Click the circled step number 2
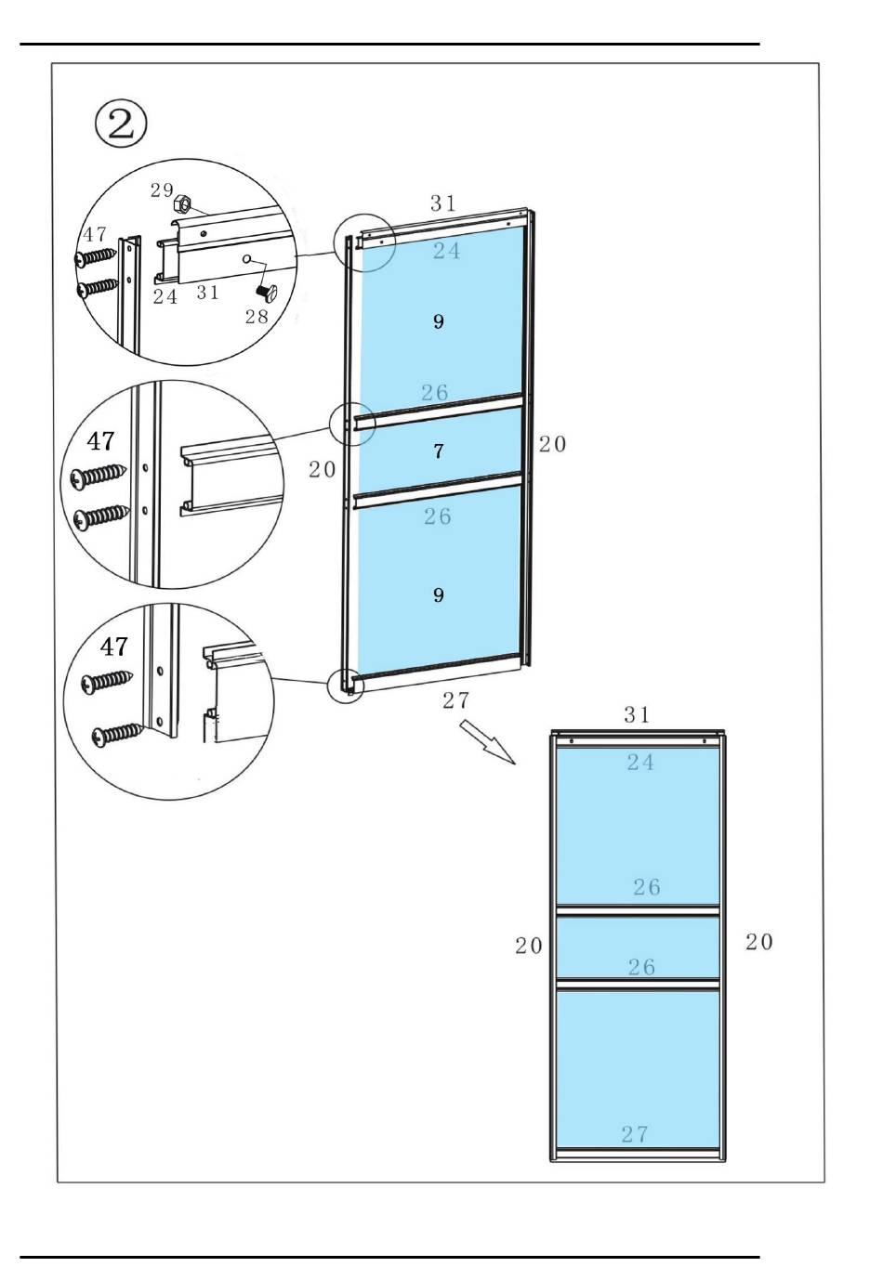[x=122, y=124]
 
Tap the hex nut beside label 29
[x=183, y=202]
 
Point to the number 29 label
[x=162, y=189]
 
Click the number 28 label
[x=257, y=316]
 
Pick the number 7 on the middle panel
[x=439, y=451]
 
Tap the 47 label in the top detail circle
[x=95, y=235]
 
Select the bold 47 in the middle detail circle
[x=100, y=441]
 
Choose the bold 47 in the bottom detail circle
[x=113, y=647]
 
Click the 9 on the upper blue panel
[x=439, y=321]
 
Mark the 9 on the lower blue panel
[x=439, y=594]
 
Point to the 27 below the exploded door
[x=455, y=700]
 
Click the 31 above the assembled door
[x=637, y=714]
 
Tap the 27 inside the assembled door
[x=635, y=1134]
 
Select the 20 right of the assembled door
[x=758, y=942]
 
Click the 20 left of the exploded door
[x=323, y=470]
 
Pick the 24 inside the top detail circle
[x=165, y=297]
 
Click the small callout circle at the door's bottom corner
[x=345, y=686]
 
